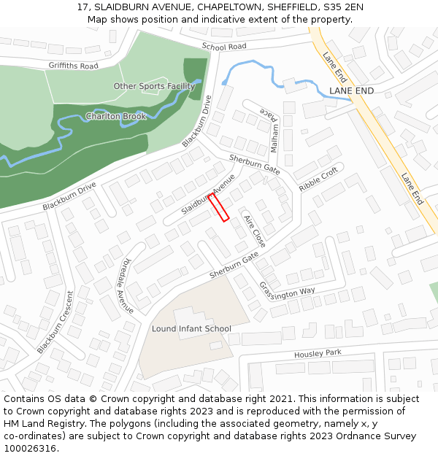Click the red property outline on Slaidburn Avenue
coord(220,207)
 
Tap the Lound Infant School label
coord(191,329)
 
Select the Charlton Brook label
coord(116,117)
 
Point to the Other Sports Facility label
coord(154,86)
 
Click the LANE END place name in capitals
coord(351,90)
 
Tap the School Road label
coord(224,47)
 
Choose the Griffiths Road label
coord(73,66)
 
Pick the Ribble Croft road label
coord(319,179)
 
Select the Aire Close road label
coord(255,231)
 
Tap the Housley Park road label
coord(318,354)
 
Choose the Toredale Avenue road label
coord(128,285)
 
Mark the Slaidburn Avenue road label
coord(208,194)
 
